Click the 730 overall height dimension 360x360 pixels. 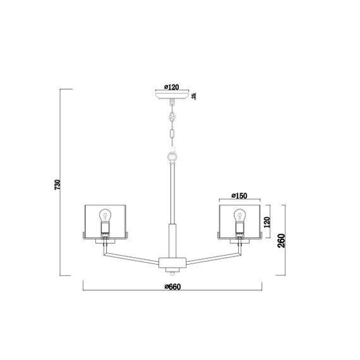pos(57,184)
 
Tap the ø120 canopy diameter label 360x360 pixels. pos(172,87)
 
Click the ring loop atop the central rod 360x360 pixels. pos(172,156)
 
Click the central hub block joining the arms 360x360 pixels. pos(172,261)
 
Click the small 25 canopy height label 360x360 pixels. pos(194,96)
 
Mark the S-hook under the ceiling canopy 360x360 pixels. pos(172,117)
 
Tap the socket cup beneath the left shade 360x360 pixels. pos(105,240)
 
